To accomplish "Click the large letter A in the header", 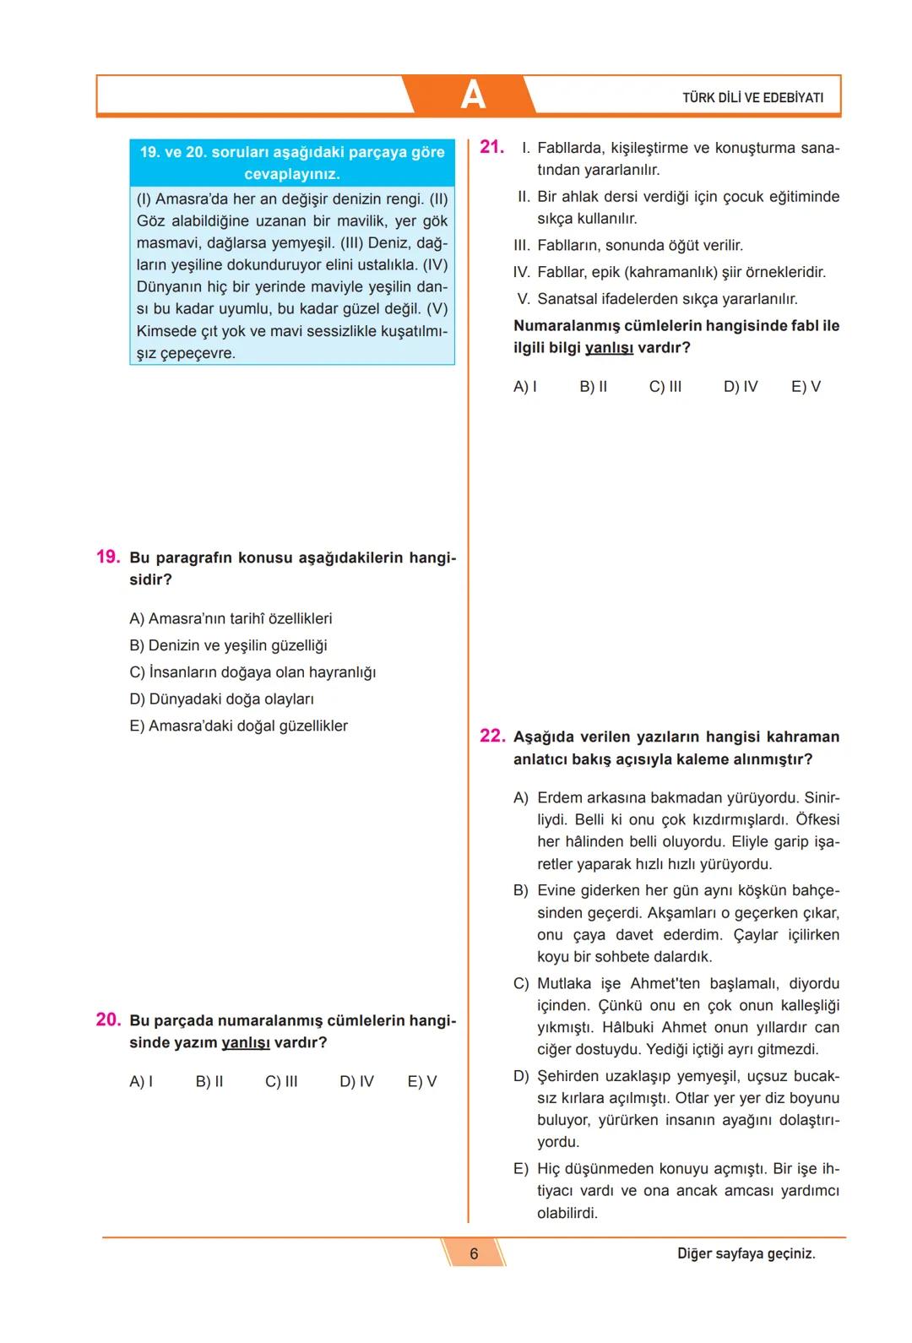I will tap(473, 95).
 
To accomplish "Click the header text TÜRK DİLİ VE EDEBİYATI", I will tap(752, 97).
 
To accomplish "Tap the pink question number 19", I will tap(107, 557).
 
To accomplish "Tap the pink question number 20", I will tap(107, 1019).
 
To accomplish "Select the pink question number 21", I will tap(491, 147).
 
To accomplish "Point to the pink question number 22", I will tap(491, 736).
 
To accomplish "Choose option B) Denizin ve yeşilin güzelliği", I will tap(228, 645).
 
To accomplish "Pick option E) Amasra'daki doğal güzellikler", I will tap(238, 726).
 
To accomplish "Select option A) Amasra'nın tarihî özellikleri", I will tap(231, 618).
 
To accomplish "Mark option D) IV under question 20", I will tap(356, 1081).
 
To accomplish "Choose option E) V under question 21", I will tap(806, 386).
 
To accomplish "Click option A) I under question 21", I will tap(524, 386).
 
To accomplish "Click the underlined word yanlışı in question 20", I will tap(246, 1042).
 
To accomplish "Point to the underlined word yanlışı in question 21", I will tap(609, 347).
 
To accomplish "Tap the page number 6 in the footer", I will tap(474, 1253).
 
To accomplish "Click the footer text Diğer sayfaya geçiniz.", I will tap(746, 1253).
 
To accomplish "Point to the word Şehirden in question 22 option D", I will tap(567, 1076).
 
